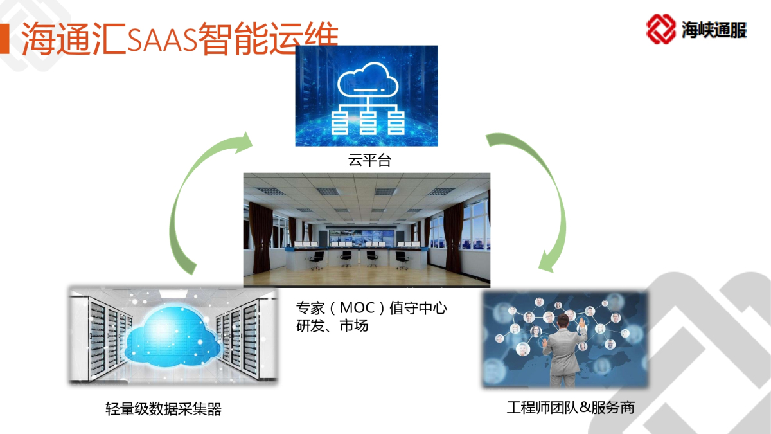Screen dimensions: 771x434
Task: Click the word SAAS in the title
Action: (163, 39)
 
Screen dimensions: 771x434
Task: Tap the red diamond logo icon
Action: (660, 29)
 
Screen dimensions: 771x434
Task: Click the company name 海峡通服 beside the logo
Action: (714, 30)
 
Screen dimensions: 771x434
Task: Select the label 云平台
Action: (369, 160)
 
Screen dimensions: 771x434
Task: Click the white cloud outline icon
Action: (368, 80)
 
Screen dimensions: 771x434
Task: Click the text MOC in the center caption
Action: (357, 308)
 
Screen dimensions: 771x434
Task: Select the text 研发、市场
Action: (332, 325)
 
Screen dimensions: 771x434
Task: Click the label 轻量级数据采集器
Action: (163, 409)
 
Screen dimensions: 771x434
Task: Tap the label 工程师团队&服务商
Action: (571, 408)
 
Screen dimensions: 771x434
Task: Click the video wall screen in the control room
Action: (361, 237)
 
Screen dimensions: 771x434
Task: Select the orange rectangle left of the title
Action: (4, 39)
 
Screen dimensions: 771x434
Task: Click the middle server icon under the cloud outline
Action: (368, 122)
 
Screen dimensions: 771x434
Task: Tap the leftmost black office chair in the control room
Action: (317, 260)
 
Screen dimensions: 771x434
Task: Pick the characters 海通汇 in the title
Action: (74, 39)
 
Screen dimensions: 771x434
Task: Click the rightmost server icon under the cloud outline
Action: (396, 122)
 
